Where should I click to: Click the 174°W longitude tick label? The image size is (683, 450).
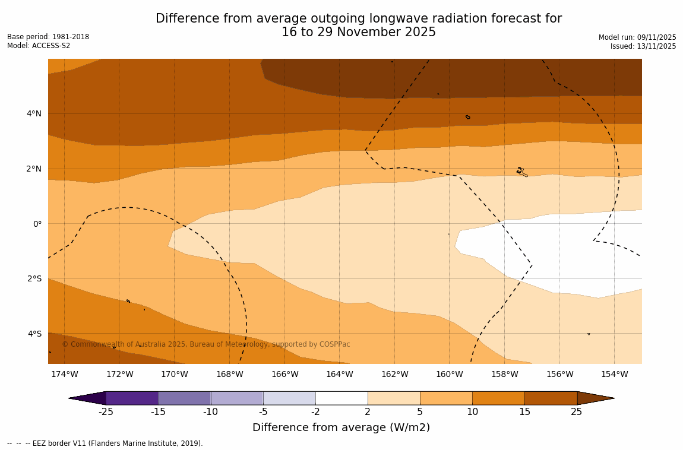[x=64, y=374]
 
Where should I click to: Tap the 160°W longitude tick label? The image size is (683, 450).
[x=449, y=374]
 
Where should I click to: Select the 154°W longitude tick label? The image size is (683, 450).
[x=614, y=374]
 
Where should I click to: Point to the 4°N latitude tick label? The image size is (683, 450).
[x=34, y=113]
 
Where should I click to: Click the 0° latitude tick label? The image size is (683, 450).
[x=37, y=224]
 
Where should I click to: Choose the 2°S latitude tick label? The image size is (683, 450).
[x=34, y=278]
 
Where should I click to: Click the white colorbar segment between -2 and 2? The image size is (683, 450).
[x=341, y=398]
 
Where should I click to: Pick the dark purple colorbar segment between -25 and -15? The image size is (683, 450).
[x=132, y=398]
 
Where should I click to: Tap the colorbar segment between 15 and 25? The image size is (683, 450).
[x=551, y=398]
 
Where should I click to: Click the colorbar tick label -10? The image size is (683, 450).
[x=210, y=412]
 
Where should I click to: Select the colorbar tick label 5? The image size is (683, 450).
[x=420, y=412]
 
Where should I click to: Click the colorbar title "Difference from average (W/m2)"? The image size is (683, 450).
[x=341, y=427]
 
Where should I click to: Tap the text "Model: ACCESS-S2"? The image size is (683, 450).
[x=39, y=46]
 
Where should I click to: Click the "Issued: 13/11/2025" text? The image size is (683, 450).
[x=643, y=46]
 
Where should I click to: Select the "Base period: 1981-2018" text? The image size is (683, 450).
[x=48, y=37]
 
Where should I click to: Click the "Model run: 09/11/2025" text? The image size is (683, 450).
[x=637, y=37]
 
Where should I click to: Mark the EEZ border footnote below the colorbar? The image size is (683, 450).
[x=105, y=443]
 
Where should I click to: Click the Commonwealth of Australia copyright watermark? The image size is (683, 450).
[x=206, y=344]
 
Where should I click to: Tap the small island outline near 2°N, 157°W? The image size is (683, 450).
[x=521, y=172]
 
